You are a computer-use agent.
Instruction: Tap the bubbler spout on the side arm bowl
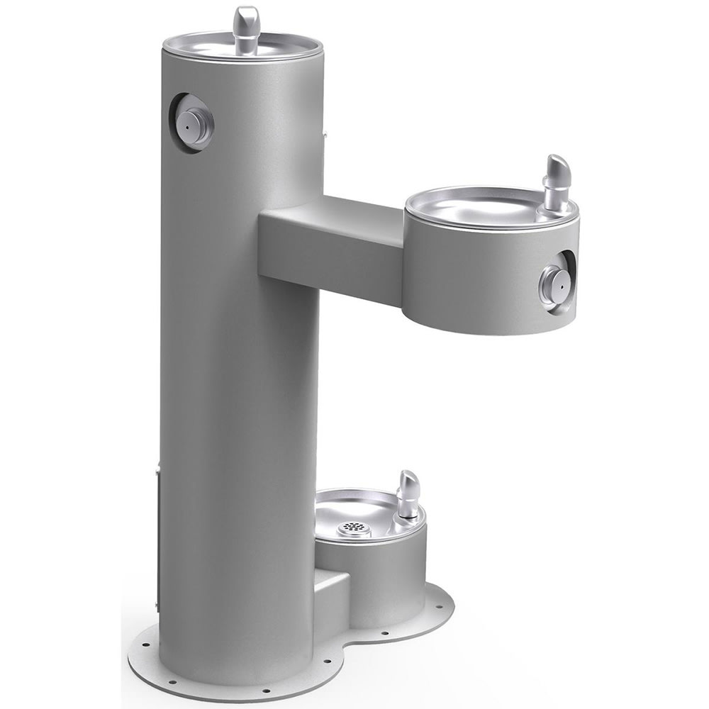coord(556,177)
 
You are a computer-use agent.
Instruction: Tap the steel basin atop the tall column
coord(213,44)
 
